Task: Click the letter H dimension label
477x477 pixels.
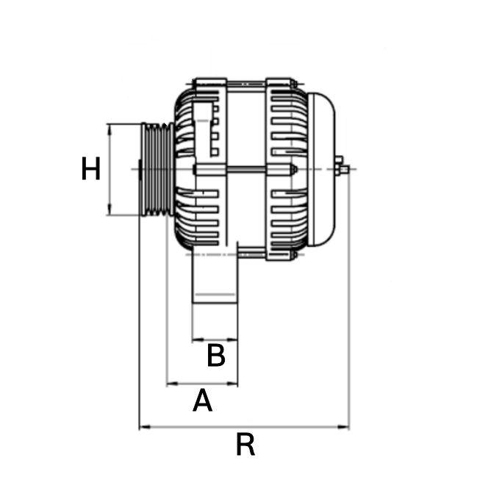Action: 90,170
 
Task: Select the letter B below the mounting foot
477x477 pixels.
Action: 215,356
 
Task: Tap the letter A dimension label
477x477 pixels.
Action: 202,401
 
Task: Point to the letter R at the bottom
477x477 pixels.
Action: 245,445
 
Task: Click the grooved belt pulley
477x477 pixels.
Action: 157,169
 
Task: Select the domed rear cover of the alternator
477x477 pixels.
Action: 323,170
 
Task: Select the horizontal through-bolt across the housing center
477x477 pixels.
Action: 243,170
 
